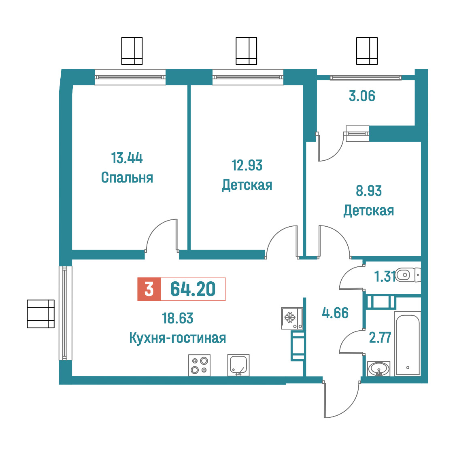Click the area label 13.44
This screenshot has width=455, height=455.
tap(127, 158)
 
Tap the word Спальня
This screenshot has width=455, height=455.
tap(127, 178)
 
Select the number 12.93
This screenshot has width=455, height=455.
tap(247, 166)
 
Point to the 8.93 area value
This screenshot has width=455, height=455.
tap(368, 191)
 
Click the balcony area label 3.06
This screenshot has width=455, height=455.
tap(362, 96)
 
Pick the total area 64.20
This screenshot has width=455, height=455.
tap(193, 289)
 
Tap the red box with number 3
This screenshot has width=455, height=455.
tap(149, 289)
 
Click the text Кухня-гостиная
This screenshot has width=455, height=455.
tap(177, 338)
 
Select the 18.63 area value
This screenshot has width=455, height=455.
tap(177, 318)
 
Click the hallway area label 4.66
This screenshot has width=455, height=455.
tap(335, 313)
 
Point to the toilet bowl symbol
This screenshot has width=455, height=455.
tap(408, 275)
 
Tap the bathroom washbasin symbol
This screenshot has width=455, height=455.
tap(378, 369)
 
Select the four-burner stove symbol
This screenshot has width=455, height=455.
tap(199, 365)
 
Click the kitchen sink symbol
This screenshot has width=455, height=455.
tap(238, 365)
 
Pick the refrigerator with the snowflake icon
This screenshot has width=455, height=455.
tap(292, 318)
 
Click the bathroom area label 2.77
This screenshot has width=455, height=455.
tap(380, 338)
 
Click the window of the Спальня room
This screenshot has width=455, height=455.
tap(130, 77)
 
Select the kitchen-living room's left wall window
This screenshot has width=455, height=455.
tap(65, 313)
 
